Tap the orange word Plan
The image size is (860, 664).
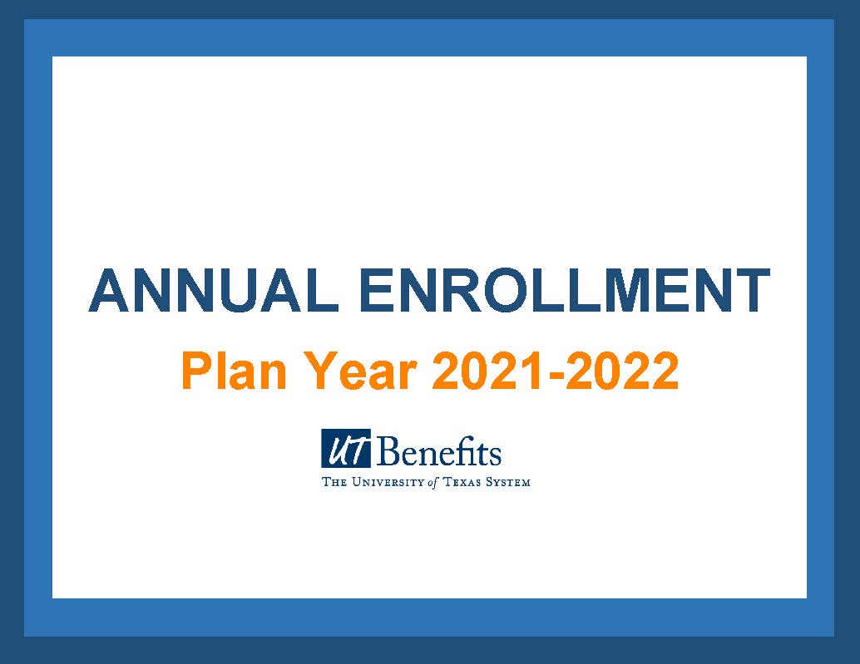coord(234,371)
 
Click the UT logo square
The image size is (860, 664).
coord(346,448)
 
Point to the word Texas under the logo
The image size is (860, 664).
coord(462,482)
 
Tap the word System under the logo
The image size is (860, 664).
coord(508,482)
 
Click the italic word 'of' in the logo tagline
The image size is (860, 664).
coord(433,483)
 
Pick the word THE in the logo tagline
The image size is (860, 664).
coord(334,482)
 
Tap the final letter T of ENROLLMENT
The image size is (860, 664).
coord(751,290)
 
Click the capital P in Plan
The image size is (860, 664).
coord(197,371)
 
